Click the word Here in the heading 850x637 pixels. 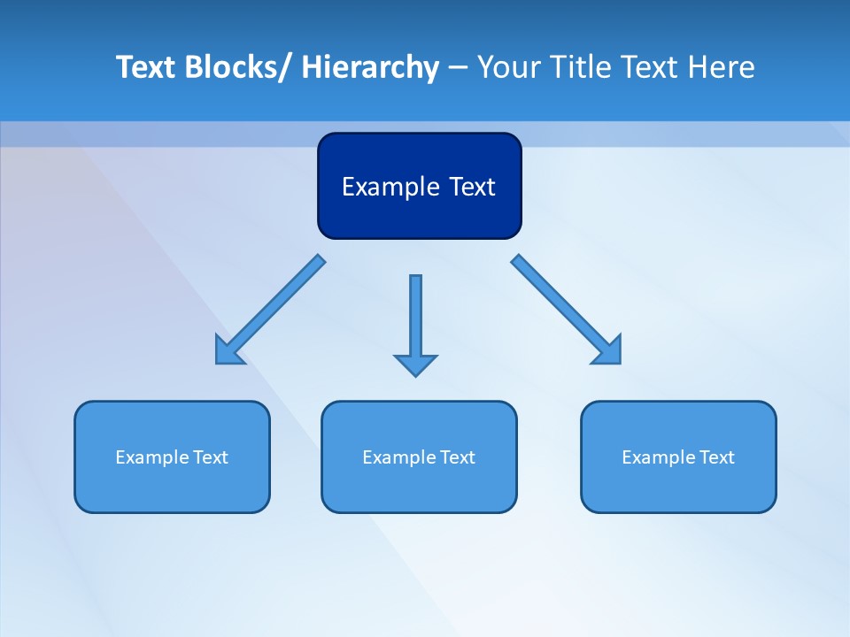(x=720, y=67)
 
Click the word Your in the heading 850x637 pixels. (x=508, y=67)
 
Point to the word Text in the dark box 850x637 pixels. (x=470, y=187)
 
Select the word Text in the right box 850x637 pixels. (x=716, y=457)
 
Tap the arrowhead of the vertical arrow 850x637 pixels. (x=415, y=365)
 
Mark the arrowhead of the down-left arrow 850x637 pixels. (x=227, y=352)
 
